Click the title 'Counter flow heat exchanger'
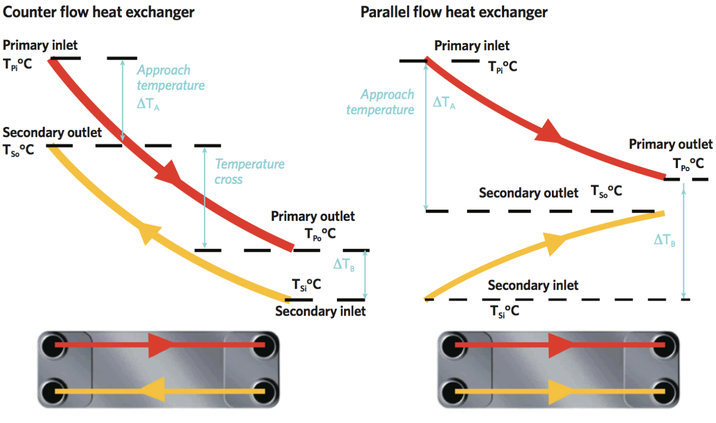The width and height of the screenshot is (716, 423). (x=99, y=12)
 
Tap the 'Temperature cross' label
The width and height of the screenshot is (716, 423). (x=249, y=172)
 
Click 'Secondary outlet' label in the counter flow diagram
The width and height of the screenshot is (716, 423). (x=52, y=133)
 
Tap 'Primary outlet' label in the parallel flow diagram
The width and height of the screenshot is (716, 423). (x=671, y=144)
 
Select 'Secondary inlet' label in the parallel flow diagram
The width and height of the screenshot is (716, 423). (x=533, y=285)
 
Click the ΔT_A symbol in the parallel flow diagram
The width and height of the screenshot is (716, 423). (x=444, y=102)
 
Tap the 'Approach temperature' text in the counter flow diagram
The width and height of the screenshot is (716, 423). (x=170, y=78)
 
